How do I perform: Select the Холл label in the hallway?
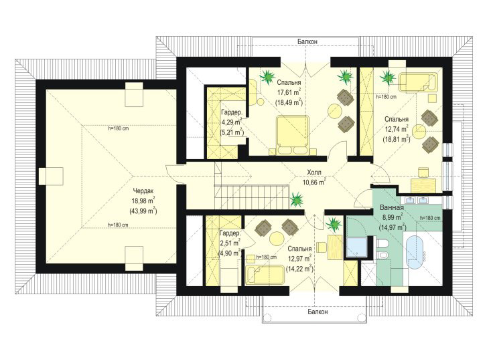pyautogui.click(x=313, y=172)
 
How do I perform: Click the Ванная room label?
pyautogui.click(x=392, y=207)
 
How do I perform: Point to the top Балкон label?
pyautogui.click(x=307, y=41)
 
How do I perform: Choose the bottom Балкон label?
pyautogui.click(x=318, y=312)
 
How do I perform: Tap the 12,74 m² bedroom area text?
pyautogui.click(x=397, y=129)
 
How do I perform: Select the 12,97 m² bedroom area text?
pyautogui.click(x=299, y=259)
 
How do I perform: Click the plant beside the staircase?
pyautogui.click(x=296, y=199)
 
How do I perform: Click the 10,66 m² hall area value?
pyautogui.click(x=314, y=182)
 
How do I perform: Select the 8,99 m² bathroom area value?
pyautogui.click(x=391, y=217)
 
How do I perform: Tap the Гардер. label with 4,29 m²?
pyautogui.click(x=231, y=112)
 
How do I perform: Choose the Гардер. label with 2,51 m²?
pyautogui.click(x=230, y=233)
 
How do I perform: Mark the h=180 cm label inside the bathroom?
pyautogui.click(x=430, y=218)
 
